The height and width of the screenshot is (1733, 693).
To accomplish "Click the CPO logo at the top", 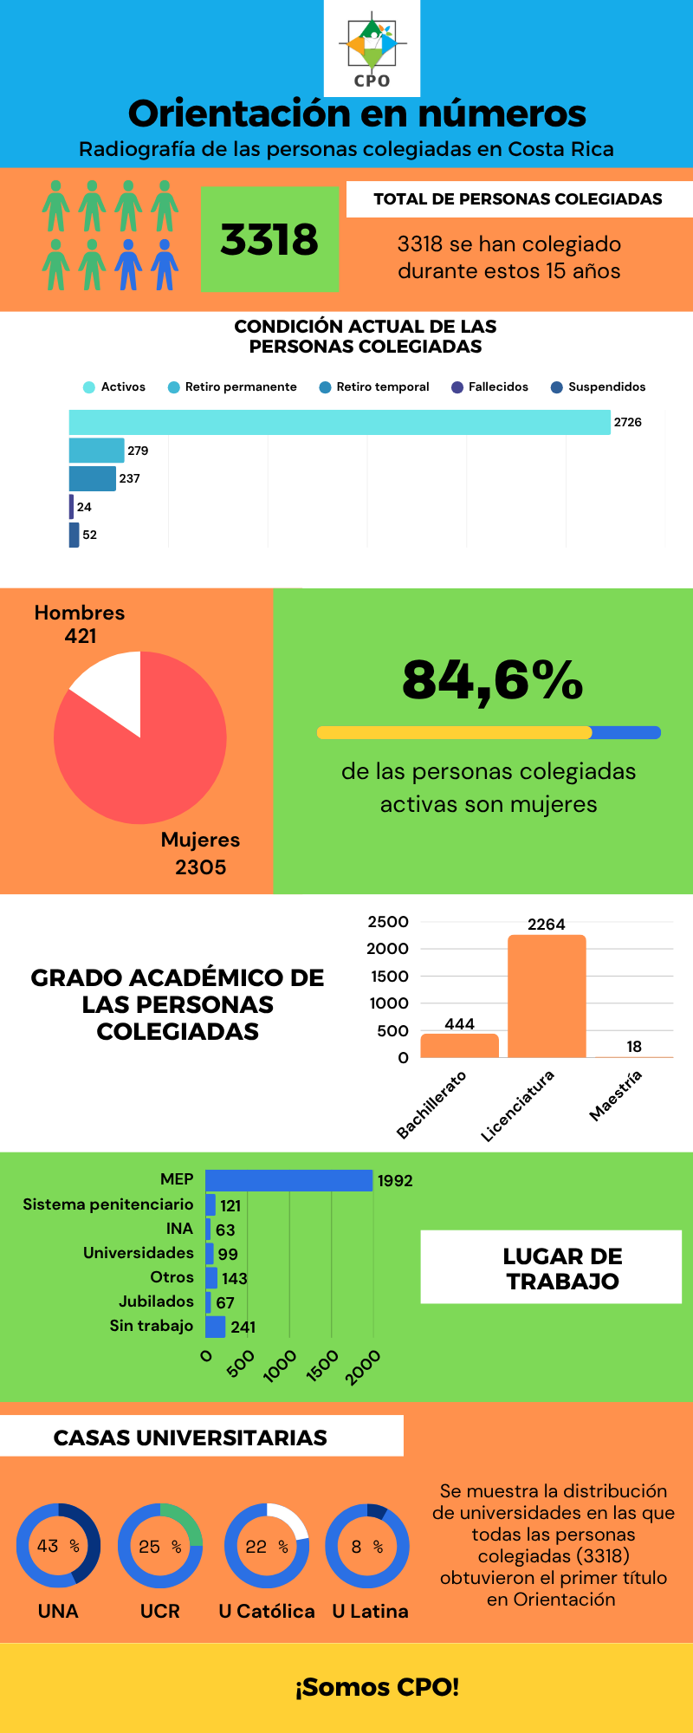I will tap(372, 48).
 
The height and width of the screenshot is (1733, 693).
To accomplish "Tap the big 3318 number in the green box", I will tap(269, 239).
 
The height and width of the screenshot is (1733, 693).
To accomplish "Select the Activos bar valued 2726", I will tap(340, 422).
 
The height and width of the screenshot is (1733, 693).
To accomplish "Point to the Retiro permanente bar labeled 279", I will tap(96, 451).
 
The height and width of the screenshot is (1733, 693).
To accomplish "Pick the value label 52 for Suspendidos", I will tap(90, 535).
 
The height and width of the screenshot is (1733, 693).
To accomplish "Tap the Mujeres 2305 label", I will tap(200, 854).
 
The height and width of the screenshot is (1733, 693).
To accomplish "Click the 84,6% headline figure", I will tap(492, 679).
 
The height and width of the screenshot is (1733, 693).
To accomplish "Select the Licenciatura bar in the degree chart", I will tap(547, 996).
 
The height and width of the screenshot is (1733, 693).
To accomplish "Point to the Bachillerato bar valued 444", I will tap(459, 1045).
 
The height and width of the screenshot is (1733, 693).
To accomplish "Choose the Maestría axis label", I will tap(616, 1095).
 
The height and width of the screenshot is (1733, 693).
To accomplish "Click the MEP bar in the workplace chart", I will tap(288, 1180).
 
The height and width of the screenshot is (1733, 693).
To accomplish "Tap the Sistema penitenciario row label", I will tap(108, 1204).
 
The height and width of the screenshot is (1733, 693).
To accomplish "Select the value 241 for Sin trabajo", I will tap(243, 1327).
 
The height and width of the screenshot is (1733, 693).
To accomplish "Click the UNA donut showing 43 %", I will tap(58, 1546).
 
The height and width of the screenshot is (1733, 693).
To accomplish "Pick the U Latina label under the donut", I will tap(370, 1611).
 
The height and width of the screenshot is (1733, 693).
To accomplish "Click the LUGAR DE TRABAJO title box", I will tap(551, 1268).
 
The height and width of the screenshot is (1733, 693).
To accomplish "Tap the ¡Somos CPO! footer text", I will tap(377, 1687).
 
